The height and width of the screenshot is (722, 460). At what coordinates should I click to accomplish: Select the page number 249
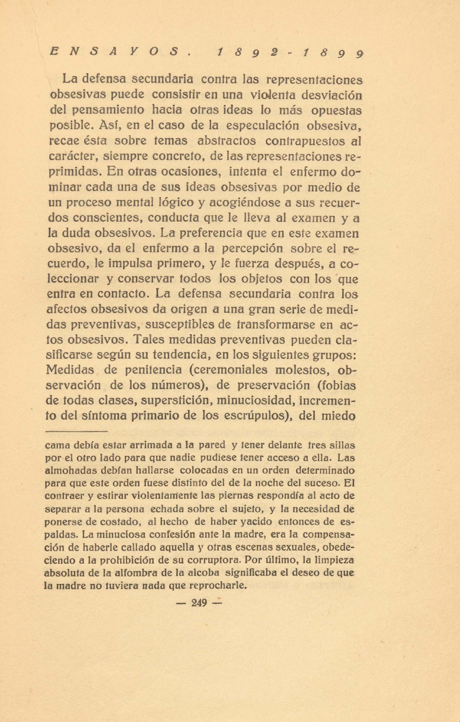199,603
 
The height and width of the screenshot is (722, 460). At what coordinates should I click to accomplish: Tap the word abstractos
226,141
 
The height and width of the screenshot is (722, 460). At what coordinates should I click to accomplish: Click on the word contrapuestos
305,141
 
